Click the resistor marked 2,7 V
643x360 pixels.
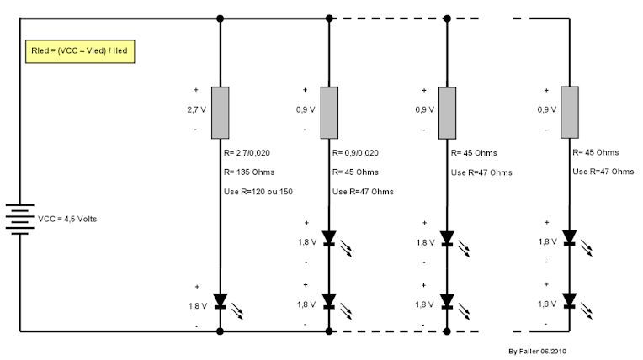tap(221, 112)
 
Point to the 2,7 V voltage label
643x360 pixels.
tap(195, 109)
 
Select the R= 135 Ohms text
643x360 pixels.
tap(249, 172)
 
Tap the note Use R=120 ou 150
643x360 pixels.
tap(259, 192)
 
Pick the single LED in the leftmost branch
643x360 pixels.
tap(221, 300)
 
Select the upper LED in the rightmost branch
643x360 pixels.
tap(571, 237)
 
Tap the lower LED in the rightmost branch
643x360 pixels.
tap(571, 299)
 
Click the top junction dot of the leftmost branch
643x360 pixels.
tap(221, 18)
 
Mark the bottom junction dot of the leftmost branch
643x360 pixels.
tap(221, 331)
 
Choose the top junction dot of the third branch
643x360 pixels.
tap(447, 18)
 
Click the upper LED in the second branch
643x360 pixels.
tap(329, 237)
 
